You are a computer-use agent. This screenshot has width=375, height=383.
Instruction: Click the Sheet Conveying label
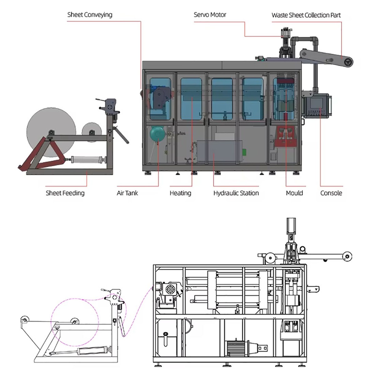pos(90,15)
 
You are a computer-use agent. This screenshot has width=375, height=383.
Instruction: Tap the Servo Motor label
pos(210,15)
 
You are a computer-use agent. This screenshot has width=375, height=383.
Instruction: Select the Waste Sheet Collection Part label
pos(306,15)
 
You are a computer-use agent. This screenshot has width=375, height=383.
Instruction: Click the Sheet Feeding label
pos(65,193)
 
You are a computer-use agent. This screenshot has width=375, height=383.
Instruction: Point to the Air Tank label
pos(127,193)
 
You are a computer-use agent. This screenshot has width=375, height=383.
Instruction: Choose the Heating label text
pos(180,193)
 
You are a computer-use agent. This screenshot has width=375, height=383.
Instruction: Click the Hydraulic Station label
pos(236,193)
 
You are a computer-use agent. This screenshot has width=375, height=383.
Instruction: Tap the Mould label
pos(294,193)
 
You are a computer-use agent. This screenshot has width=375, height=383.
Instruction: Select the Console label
pos(331,193)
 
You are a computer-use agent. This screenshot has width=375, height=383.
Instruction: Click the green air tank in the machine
pos(157,134)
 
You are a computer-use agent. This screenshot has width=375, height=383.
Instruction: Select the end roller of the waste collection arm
pos(347,62)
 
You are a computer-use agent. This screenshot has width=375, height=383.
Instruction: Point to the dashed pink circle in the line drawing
pos(75,322)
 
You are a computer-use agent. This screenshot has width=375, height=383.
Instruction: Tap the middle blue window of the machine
pos(222,99)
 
